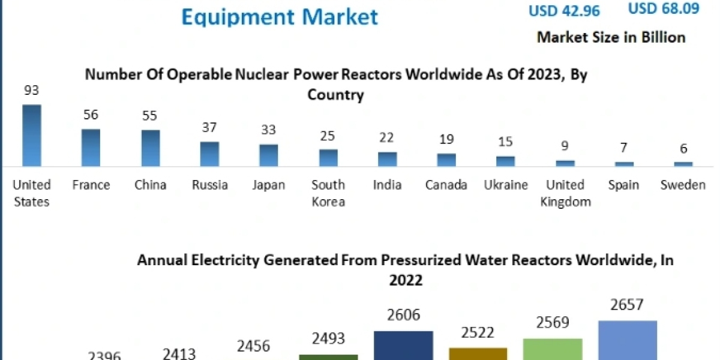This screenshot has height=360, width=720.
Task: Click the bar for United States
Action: pos(31,136)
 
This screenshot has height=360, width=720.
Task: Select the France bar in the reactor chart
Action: pos(91,148)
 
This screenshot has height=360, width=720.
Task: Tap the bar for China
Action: pos(150,148)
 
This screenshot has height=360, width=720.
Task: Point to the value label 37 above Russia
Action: pos(209,128)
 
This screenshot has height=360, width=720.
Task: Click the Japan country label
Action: pos(268,185)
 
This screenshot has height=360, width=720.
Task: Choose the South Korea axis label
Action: pos(328,193)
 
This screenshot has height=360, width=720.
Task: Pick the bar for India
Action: pos(387,159)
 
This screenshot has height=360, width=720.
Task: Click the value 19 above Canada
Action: pos(446,140)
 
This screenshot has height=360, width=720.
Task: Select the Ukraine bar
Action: pos(506,161)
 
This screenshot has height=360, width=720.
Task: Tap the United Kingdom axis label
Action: pos(565,193)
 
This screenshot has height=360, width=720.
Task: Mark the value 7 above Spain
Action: pos(624,148)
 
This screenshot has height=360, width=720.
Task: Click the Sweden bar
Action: pos(683,164)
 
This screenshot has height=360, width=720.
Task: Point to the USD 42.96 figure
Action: pos(564,10)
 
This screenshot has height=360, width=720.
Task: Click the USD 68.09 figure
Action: pos(663,9)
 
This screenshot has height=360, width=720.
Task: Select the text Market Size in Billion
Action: pos(611,37)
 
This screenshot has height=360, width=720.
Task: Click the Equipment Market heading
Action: pos(280,16)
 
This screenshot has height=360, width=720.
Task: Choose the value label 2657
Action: pos(628,305)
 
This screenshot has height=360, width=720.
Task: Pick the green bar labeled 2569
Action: pos(553,349)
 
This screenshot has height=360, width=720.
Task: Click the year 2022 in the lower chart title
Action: pos(406,280)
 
